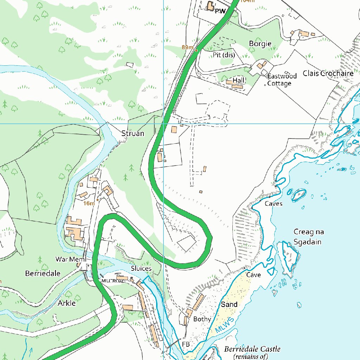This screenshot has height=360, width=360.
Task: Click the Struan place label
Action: [x=133, y=134]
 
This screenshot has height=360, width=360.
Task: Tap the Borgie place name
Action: [x=260, y=44]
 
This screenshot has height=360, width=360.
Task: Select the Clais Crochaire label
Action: [x=328, y=73]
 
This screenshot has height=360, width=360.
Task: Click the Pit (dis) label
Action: [x=224, y=55]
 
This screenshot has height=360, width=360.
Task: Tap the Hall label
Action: [x=238, y=81]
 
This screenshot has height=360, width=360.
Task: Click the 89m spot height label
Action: [x=188, y=47]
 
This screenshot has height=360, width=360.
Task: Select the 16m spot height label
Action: [x=89, y=203]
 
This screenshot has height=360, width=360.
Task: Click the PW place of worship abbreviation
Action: [x=220, y=11]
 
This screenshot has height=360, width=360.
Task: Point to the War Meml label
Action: [x=71, y=259]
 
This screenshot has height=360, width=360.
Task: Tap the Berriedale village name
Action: [x=43, y=273]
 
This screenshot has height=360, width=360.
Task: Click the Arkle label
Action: [x=66, y=303]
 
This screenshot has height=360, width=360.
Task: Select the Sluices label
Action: [x=141, y=268]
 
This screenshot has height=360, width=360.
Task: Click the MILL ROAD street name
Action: [x=113, y=281]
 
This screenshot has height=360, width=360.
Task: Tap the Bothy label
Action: [x=202, y=319]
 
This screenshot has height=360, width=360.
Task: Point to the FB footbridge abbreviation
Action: [x=186, y=344]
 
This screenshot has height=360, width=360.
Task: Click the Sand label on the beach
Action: [x=229, y=304]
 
